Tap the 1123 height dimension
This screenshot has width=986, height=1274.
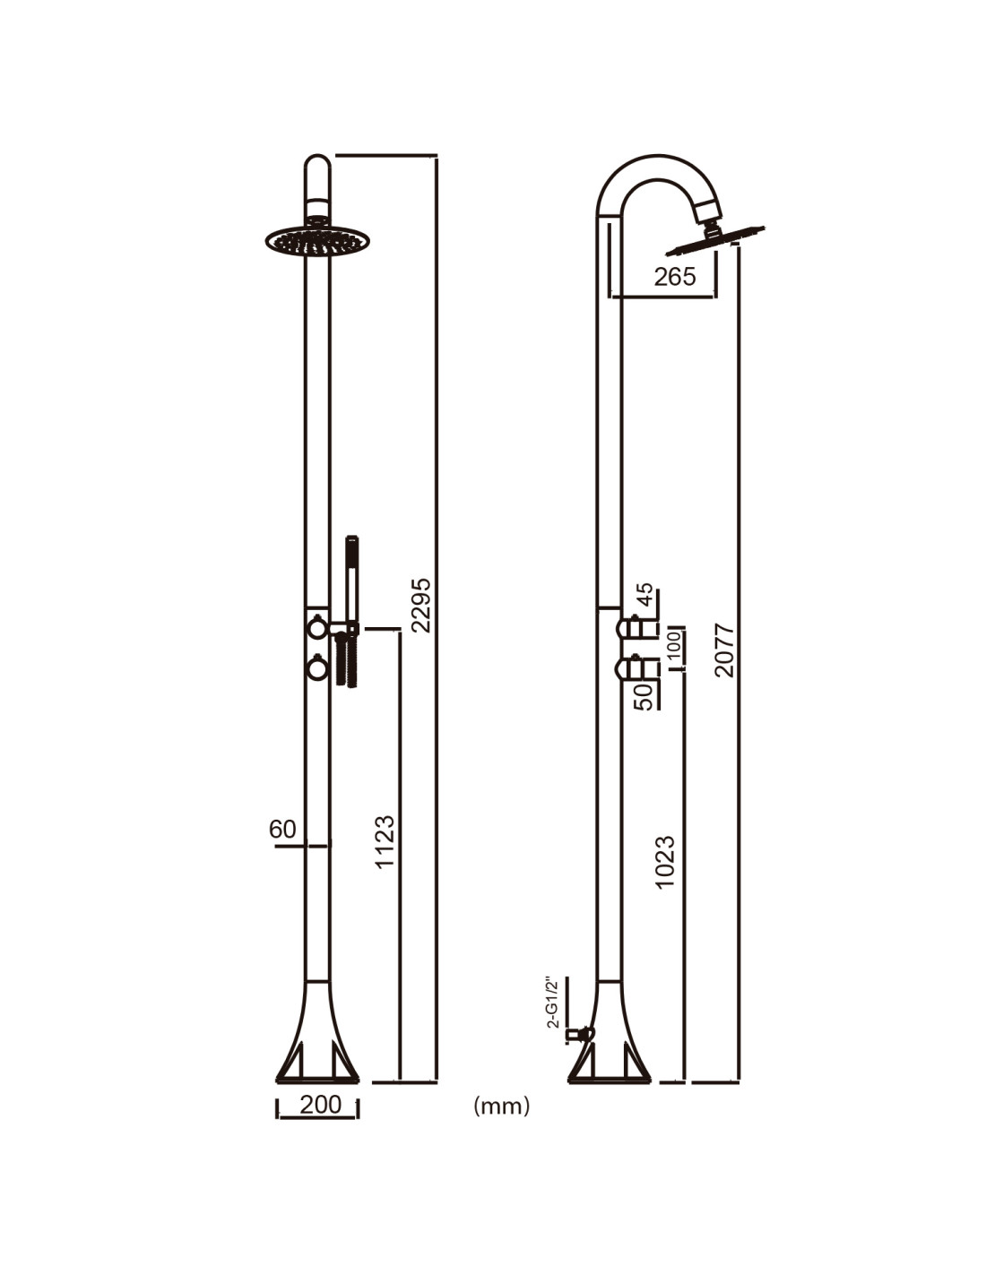pos(385,841)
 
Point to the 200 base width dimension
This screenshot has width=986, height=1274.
pos(320,1105)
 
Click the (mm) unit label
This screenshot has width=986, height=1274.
pos(501,1106)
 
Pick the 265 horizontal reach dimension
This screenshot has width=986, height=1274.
pos(675,277)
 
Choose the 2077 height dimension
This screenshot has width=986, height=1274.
pos(724,650)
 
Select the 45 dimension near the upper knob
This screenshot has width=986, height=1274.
pos(644,596)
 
